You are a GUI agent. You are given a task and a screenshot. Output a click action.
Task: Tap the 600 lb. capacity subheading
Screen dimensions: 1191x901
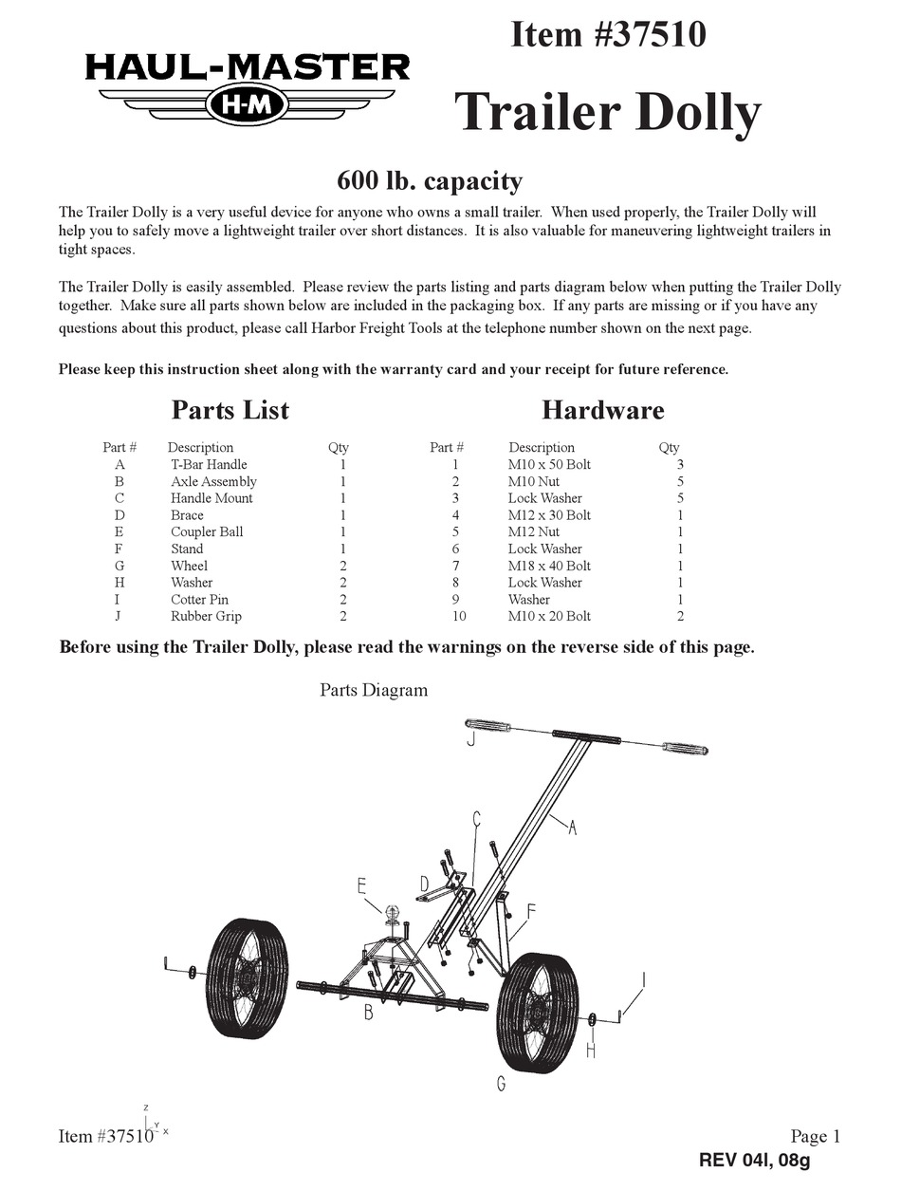(x=430, y=179)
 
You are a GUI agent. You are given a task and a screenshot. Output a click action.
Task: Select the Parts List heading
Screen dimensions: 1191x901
(x=230, y=410)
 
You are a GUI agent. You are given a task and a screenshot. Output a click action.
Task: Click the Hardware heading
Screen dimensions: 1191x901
(x=602, y=410)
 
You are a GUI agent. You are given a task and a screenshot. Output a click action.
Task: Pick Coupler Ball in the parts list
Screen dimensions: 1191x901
(x=206, y=531)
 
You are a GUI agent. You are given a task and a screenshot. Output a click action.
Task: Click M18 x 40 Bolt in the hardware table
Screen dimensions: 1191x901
(x=549, y=566)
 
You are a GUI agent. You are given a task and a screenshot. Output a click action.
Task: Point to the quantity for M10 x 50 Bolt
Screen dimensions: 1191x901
(x=679, y=464)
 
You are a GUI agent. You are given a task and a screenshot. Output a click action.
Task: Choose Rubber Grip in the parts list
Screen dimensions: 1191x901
(x=206, y=616)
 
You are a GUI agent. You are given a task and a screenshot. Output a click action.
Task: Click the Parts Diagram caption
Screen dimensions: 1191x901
(x=374, y=690)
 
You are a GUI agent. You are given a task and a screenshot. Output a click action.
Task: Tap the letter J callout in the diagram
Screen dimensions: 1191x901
(x=470, y=738)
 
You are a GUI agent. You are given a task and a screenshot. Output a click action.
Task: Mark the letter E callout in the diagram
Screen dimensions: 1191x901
(x=361, y=885)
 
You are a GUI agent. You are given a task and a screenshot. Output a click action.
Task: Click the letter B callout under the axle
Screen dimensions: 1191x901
(x=367, y=1013)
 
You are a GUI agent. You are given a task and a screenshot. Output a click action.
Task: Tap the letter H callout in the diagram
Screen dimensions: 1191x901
(x=591, y=1051)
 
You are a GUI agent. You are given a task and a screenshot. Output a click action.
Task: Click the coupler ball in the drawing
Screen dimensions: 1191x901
(x=391, y=915)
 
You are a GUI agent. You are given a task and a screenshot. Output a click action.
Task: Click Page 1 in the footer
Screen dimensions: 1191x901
(x=815, y=1136)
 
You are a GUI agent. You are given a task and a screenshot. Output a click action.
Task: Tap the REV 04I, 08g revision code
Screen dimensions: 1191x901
(x=755, y=1160)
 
